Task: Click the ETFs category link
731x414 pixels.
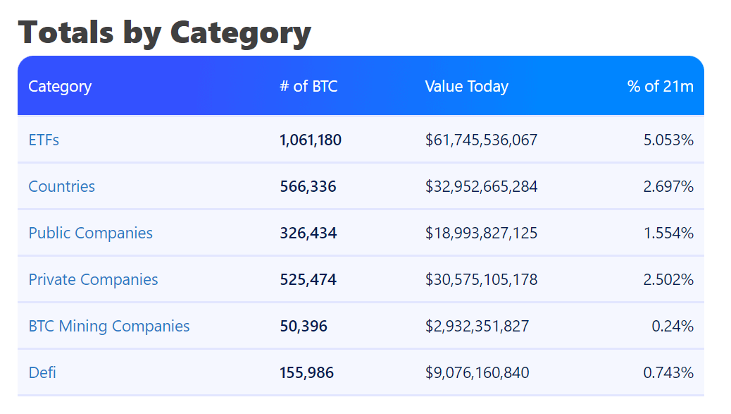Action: pos(44,140)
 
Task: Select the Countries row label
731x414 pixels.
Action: pos(61,186)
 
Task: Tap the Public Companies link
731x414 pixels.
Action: pos(90,233)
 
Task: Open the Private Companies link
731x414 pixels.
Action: pos(93,279)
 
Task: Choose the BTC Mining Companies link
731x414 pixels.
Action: pos(109,326)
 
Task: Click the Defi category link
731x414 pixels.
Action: pos(42,372)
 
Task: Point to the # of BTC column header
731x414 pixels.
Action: pos(308,86)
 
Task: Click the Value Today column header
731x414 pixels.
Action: pos(466,86)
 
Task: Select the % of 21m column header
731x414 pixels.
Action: pos(660,86)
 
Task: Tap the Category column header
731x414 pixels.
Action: pos(60,86)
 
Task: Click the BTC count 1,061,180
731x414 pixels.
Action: pos(311,140)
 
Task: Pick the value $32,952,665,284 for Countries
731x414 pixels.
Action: pos(481,186)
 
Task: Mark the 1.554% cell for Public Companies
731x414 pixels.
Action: pos(668,233)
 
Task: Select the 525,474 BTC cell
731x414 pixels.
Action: pos(308,279)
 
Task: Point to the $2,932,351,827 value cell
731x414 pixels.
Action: pos(477,326)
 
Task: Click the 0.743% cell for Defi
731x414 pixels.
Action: pos(668,372)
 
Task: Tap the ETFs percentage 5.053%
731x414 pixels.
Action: pos(668,140)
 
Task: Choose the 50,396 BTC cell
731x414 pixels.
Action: pos(304,326)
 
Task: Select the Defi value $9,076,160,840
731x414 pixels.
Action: pos(477,372)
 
